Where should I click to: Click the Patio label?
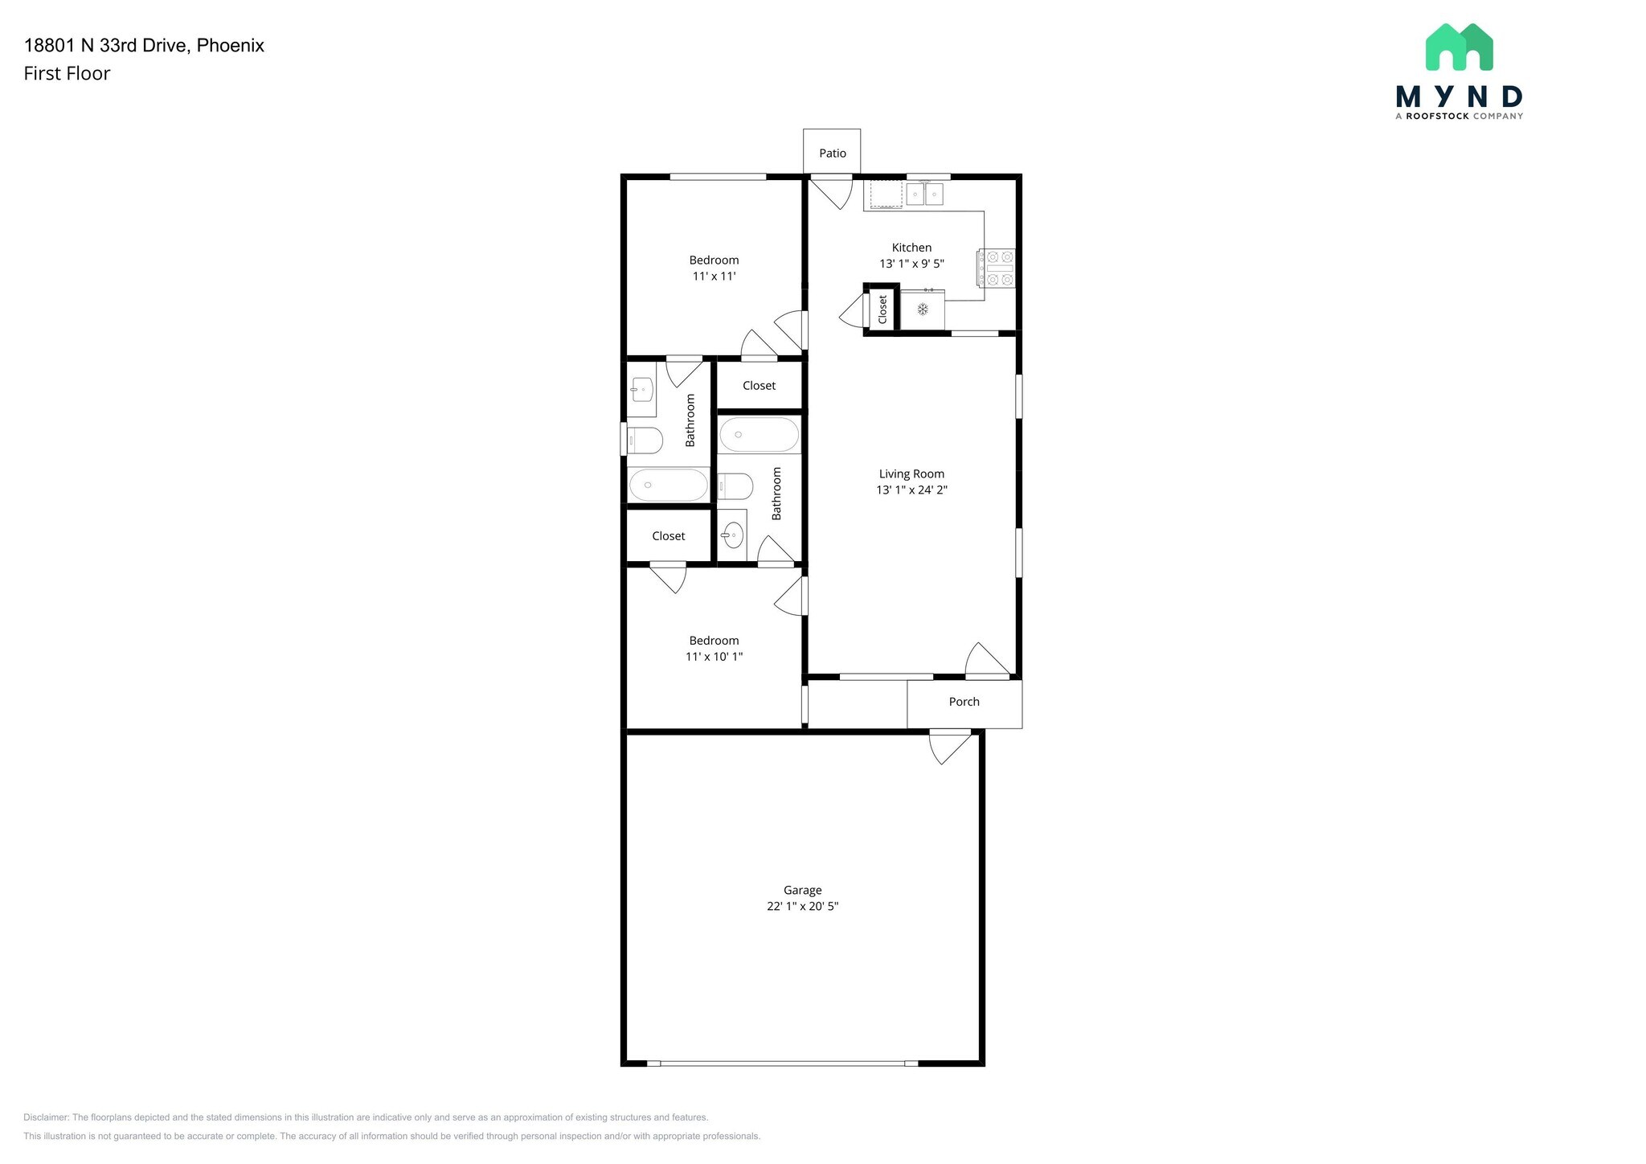point(833,154)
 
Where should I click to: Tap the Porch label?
point(964,702)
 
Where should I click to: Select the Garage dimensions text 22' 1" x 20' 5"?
point(802,906)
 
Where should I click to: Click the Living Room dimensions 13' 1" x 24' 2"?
point(911,490)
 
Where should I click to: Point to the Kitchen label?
point(911,248)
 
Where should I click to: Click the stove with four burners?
point(996,268)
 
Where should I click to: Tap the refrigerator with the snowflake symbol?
point(923,309)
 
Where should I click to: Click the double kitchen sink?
point(924,194)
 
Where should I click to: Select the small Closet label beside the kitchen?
point(882,309)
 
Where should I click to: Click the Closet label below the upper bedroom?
point(759,386)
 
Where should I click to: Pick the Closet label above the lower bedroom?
point(668,536)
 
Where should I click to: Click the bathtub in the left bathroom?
point(668,485)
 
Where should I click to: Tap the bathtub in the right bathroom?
point(759,435)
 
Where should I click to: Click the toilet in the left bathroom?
point(645,441)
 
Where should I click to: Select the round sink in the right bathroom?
point(732,535)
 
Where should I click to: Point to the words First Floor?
point(67,73)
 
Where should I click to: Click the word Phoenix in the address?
point(231,45)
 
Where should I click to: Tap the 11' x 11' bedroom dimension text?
point(714,276)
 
